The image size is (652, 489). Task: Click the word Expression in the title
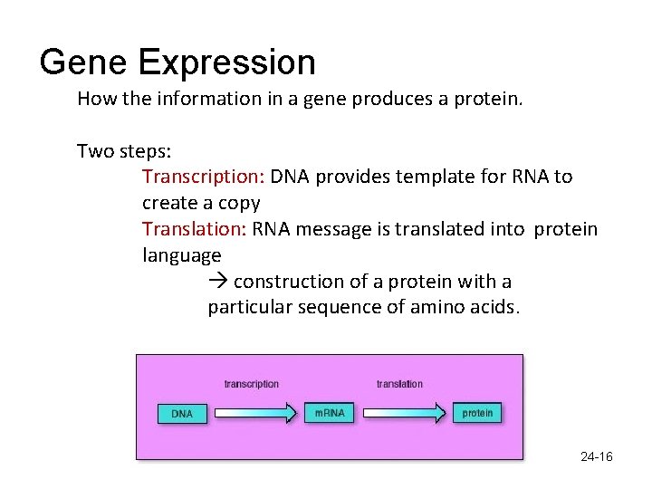coord(226,63)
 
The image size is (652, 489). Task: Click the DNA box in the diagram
coord(182,414)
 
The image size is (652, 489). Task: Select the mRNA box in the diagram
coord(329,413)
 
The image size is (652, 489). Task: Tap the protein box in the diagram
coord(477,413)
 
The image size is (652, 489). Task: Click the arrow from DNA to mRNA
coord(255,413)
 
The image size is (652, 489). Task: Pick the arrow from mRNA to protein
coord(405,413)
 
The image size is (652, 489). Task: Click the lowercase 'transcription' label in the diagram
coord(252,384)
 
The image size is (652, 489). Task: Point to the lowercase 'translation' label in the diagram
coord(399,384)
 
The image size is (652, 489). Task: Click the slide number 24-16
coord(596,457)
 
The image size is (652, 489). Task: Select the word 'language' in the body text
coord(181,255)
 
